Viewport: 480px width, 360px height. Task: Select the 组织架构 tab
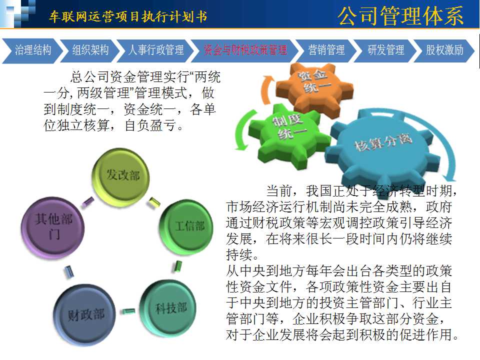tap(89, 50)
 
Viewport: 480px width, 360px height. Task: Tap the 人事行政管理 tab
tap(156, 50)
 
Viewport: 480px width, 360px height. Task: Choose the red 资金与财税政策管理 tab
tap(245, 50)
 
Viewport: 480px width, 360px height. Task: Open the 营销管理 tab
tap(326, 50)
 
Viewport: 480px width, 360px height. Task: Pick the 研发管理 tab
tap(385, 50)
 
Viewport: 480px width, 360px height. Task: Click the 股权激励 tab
tap(444, 50)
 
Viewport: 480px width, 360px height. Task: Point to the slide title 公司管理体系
tap(400, 16)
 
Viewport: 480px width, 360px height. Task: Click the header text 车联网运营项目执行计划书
tap(128, 16)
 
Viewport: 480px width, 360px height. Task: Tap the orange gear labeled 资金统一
tap(314, 89)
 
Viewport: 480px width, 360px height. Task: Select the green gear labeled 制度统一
tap(289, 134)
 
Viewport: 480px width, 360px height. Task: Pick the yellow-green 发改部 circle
tap(121, 176)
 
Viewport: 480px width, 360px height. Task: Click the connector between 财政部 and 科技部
tap(128, 311)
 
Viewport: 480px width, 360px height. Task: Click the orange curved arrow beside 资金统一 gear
tap(265, 89)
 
